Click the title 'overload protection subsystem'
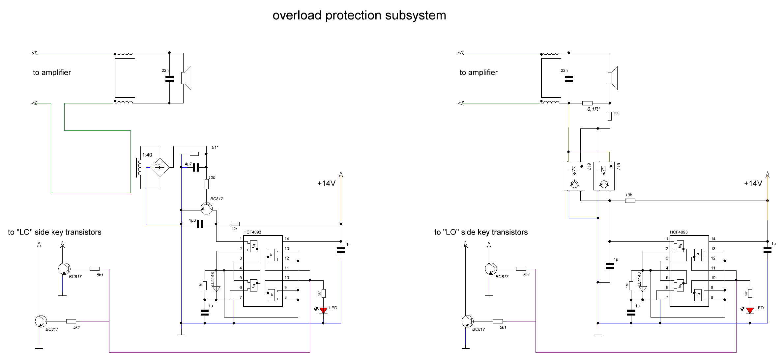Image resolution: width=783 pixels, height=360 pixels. (359, 15)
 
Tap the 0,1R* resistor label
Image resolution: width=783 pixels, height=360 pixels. (594, 109)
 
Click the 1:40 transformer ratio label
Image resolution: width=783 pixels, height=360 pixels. (147, 155)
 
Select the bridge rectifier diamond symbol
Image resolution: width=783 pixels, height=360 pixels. (159, 167)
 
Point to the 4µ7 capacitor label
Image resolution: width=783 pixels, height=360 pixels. (188, 164)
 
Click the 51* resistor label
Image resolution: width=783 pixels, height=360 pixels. (215, 147)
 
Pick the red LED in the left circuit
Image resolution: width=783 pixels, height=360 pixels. (323, 310)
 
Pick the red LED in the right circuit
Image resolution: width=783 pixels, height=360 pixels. (750, 310)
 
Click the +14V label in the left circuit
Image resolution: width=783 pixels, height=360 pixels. (326, 183)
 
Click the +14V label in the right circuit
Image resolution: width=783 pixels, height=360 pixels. (753, 183)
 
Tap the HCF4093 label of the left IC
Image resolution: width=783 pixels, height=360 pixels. (252, 232)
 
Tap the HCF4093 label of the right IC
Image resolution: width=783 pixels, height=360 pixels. (679, 232)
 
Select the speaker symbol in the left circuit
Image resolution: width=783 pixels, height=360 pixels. (186, 78)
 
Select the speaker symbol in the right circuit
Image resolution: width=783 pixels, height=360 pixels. (613, 78)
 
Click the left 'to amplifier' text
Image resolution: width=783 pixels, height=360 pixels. (52, 72)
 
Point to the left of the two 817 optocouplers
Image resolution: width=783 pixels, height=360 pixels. (574, 176)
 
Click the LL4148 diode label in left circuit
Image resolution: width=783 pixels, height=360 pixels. (213, 279)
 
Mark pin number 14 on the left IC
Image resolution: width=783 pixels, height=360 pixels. (287, 239)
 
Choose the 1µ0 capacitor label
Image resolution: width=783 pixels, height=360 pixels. (192, 220)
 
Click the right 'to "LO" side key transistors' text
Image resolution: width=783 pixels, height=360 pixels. (481, 232)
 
